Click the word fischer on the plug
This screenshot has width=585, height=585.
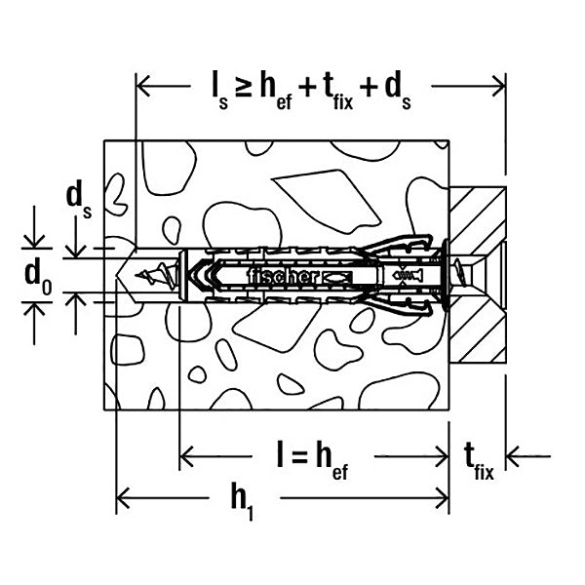[x=285, y=277]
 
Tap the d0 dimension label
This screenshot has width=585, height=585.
[x=38, y=278]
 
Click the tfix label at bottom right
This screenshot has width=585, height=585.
[x=479, y=461]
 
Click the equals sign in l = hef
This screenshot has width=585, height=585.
[x=297, y=457]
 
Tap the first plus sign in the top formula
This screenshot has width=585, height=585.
[x=308, y=89]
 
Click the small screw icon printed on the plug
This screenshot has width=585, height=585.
[x=408, y=276]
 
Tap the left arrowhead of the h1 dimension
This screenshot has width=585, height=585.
[x=123, y=497]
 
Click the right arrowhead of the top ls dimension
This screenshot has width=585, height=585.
[x=499, y=86]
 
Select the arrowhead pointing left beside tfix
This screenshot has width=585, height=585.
[x=512, y=456]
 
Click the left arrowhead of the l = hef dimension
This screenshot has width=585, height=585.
[x=186, y=456]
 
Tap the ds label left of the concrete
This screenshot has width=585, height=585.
[x=79, y=202]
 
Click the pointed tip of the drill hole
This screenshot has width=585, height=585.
[x=117, y=277]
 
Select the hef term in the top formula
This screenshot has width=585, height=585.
[x=276, y=93]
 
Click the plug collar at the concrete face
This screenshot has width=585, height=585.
[x=446, y=275]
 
